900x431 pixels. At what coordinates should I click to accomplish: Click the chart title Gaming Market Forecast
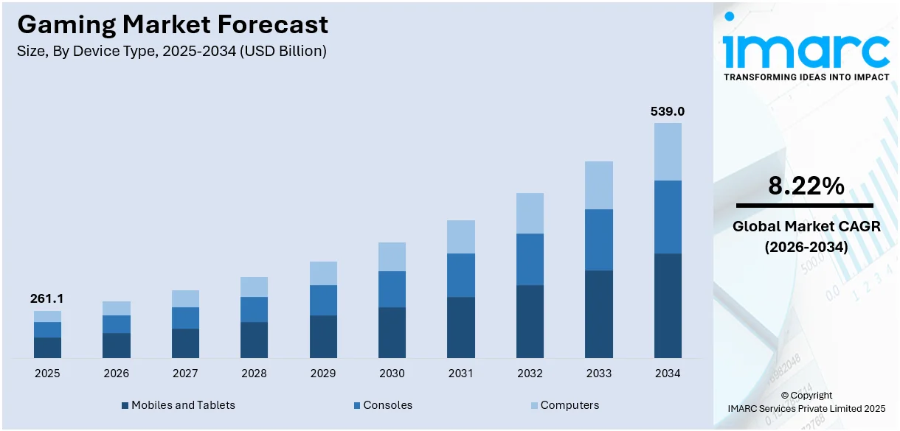173,24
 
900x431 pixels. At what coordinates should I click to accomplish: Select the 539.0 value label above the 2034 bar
667,112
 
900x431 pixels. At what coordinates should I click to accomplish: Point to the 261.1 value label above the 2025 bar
46,298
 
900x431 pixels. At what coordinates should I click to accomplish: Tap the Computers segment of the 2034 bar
668,152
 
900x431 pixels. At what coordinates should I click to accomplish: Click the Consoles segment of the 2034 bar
668,217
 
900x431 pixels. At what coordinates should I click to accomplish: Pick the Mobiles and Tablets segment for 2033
599,314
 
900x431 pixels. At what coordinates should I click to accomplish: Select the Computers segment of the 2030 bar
392,256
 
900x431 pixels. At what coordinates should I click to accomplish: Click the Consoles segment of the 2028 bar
254,309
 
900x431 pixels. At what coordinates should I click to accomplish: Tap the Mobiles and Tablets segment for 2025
47,348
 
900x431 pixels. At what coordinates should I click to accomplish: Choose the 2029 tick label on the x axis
323,374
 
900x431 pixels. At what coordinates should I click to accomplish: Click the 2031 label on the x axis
461,374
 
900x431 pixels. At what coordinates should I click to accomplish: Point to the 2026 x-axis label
116,374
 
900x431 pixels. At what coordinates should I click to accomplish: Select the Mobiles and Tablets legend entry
182,405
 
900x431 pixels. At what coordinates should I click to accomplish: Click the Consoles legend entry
387,405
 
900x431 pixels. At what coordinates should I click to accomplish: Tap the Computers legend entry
569,405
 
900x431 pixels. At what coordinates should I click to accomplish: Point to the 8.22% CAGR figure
806,186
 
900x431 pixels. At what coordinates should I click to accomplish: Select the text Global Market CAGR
806,227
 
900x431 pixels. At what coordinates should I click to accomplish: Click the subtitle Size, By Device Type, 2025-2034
171,51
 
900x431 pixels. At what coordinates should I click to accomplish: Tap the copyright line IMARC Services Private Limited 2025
806,408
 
